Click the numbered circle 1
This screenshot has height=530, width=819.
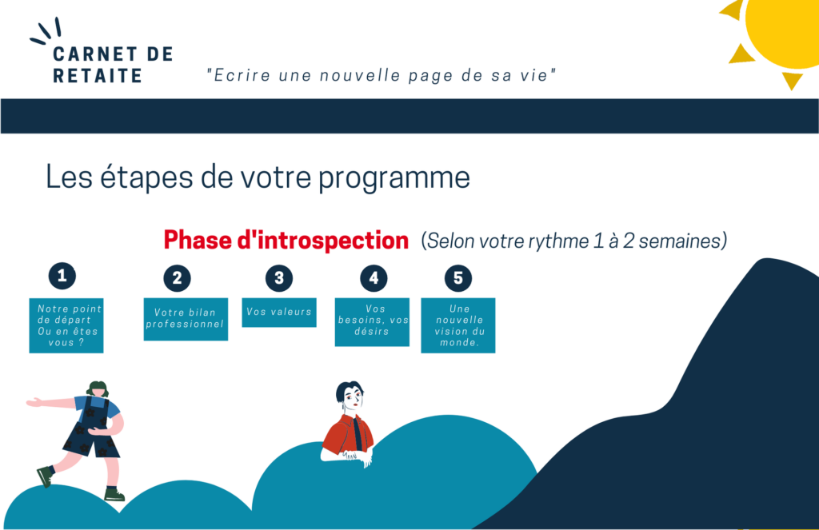(62, 276)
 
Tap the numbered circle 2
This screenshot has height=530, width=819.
(177, 278)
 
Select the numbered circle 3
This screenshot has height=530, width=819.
(279, 278)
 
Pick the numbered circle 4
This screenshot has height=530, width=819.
(374, 278)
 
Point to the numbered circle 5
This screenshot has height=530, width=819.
(458, 278)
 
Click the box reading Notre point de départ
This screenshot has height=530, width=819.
(66, 325)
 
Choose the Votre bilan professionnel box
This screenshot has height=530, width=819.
(186, 319)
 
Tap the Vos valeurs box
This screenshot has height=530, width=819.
(279, 313)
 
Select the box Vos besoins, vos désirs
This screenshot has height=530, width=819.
(372, 322)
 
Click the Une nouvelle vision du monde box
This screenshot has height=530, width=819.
(458, 325)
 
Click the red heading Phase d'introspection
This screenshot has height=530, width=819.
(286, 240)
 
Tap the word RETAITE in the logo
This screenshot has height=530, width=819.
(98, 76)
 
